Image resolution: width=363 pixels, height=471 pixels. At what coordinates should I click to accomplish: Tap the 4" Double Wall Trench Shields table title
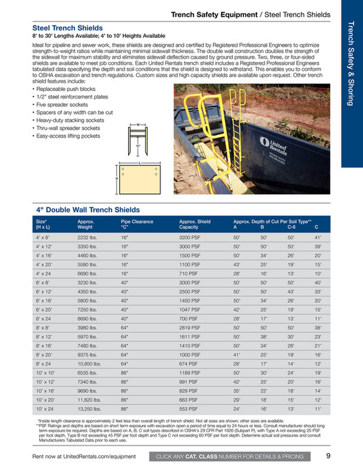click(x=87, y=209)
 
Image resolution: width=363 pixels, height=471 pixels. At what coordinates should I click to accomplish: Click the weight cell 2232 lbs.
click(x=87, y=236)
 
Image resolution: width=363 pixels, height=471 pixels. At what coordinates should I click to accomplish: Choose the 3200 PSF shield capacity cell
click(x=189, y=236)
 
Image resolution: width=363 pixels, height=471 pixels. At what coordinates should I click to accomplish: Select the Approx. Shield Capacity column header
click(x=195, y=224)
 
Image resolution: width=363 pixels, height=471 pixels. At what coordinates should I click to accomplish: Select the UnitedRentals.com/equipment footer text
click(x=87, y=456)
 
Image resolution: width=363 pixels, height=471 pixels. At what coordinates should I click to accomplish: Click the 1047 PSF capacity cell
click(x=189, y=309)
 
